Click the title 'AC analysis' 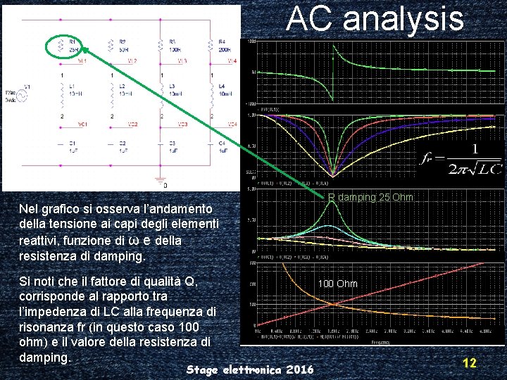[375, 19]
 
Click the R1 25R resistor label [73, 46]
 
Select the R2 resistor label [123, 46]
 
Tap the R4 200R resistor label [223, 46]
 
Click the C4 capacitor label [223, 146]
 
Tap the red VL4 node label [232, 61]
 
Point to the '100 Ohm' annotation [337, 284]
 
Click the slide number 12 [469, 363]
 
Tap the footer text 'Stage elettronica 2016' [251, 369]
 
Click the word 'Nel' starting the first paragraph [30, 209]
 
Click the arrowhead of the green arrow [82, 49]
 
